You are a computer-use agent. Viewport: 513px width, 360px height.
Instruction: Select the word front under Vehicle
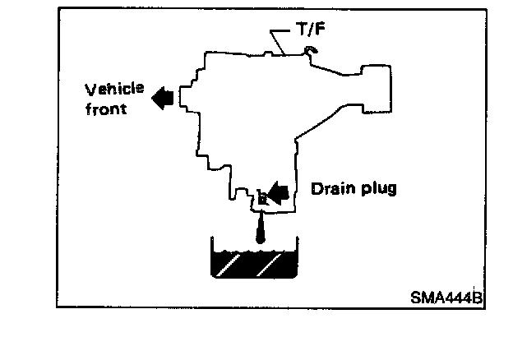click(x=109, y=108)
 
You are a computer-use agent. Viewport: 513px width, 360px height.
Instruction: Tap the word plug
click(x=378, y=189)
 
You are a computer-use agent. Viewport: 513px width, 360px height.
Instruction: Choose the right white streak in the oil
click(x=270, y=265)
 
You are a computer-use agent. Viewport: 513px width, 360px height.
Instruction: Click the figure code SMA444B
click(x=446, y=298)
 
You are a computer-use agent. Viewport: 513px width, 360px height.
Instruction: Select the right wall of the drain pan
click(x=295, y=256)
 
